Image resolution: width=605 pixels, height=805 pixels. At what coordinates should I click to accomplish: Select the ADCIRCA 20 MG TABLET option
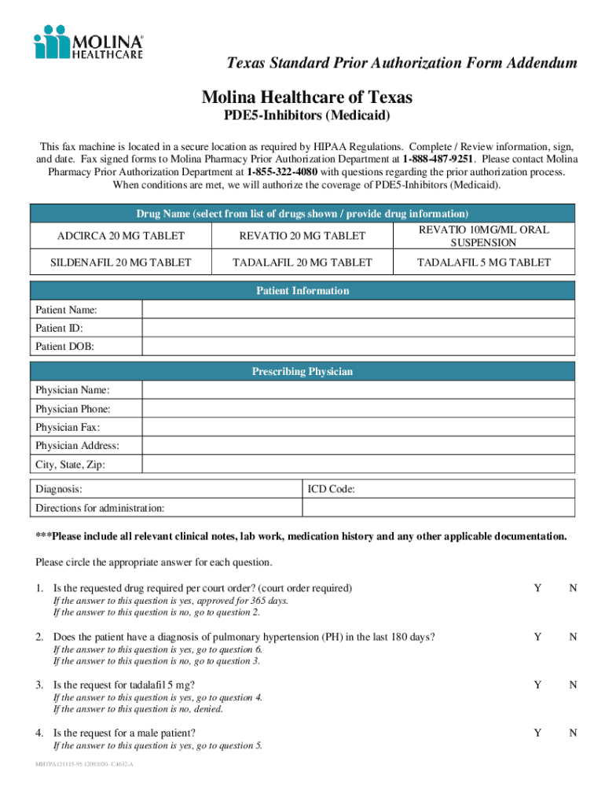[121, 236]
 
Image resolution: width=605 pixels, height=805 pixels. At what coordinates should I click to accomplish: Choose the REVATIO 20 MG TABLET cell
[302, 236]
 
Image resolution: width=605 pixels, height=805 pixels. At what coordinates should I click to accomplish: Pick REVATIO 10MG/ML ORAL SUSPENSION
[483, 236]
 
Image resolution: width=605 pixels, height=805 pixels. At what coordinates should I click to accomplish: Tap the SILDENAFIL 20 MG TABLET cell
[121, 263]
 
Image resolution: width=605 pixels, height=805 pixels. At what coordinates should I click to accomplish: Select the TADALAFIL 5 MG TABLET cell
[483, 263]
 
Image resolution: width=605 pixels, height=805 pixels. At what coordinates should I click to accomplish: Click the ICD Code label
[332, 489]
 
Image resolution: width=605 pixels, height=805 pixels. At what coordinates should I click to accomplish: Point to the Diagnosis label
[59, 489]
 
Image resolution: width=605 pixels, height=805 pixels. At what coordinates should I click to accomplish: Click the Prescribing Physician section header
[302, 371]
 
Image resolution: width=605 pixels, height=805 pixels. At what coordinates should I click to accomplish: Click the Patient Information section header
[302, 291]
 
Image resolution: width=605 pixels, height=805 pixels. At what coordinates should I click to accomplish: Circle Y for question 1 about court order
[537, 588]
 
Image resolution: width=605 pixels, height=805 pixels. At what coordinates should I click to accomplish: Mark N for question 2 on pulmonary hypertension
[574, 637]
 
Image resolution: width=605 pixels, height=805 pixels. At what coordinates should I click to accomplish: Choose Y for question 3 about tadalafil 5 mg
[537, 685]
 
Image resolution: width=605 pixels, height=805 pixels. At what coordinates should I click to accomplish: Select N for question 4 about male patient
[574, 733]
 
